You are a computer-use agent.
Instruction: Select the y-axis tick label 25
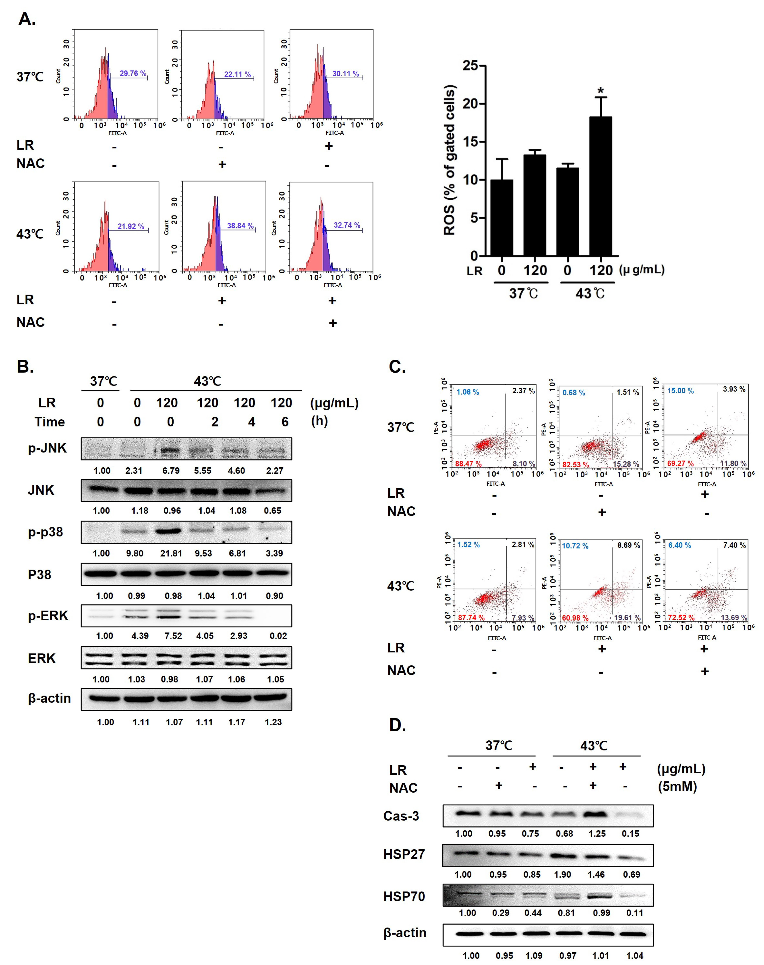(x=471, y=66)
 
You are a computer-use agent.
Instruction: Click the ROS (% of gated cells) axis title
(x=450, y=160)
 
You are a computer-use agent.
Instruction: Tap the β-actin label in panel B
(x=49, y=698)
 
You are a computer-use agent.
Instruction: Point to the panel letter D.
(x=397, y=725)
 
